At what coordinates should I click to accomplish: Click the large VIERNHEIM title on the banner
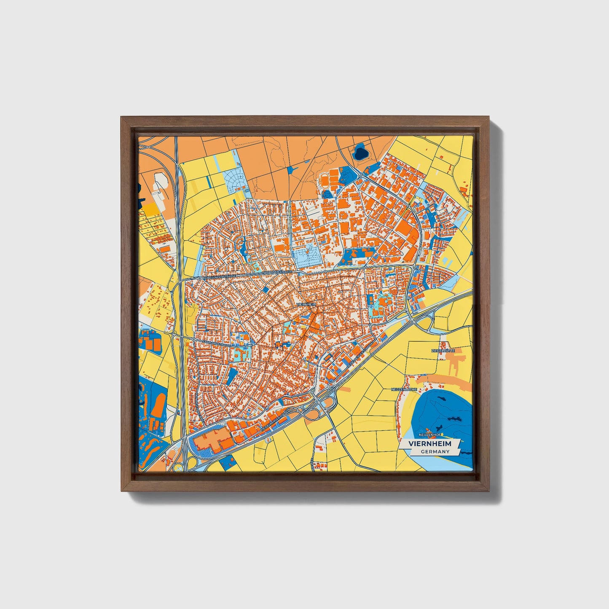click(429, 444)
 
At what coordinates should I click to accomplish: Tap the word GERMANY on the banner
click(435, 452)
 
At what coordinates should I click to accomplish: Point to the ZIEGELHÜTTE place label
click(443, 351)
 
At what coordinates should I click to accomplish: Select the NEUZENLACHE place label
click(403, 389)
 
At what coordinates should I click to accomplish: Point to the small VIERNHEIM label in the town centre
click(306, 304)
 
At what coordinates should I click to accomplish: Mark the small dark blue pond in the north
click(361, 152)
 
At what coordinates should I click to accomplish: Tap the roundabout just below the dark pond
click(361, 176)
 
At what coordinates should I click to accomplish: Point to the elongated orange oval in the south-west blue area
click(159, 405)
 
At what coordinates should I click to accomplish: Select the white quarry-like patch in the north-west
click(161, 182)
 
